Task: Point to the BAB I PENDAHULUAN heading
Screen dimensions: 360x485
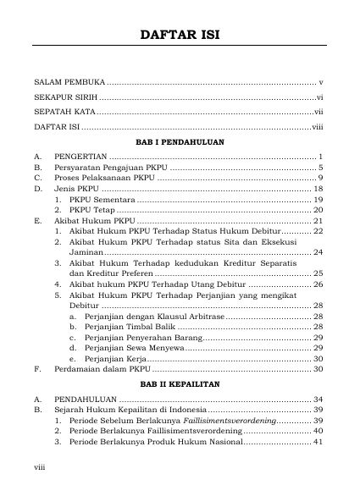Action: pyautogui.click(x=179, y=142)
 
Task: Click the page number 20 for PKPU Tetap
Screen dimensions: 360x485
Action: pyautogui.click(x=319, y=210)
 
